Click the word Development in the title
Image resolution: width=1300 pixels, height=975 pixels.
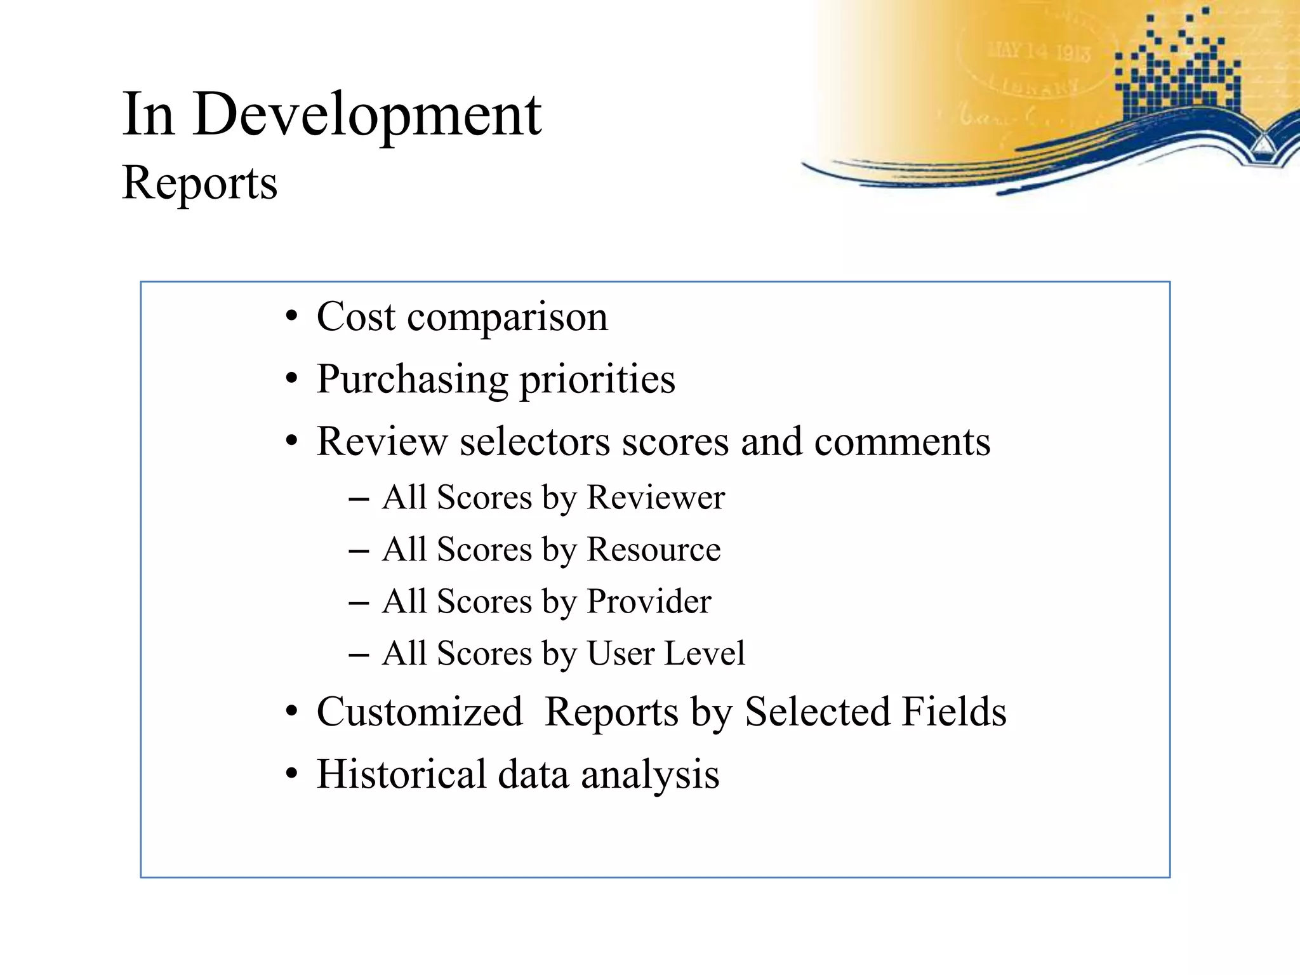click(367, 116)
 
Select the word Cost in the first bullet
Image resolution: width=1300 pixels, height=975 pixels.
click(355, 316)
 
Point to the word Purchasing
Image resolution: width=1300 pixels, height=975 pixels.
click(413, 380)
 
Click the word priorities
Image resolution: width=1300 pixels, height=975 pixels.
click(597, 380)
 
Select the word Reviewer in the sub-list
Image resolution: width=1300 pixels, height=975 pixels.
click(655, 497)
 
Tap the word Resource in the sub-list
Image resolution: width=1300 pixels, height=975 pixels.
click(654, 549)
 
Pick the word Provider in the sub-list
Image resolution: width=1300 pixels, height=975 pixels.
click(649, 601)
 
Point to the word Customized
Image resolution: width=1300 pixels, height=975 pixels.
click(420, 712)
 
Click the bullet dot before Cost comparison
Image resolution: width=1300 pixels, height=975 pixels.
click(291, 317)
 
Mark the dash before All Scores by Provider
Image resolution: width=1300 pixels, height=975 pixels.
click(359, 602)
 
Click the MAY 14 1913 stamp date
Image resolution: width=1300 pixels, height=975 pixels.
click(1039, 51)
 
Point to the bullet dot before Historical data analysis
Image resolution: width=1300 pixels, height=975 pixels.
click(291, 775)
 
